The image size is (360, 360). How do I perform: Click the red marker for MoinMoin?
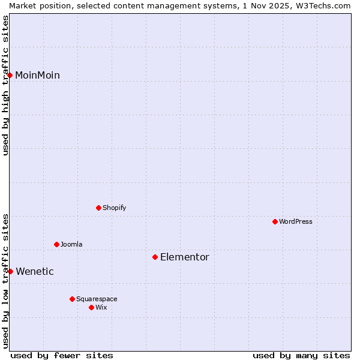10,75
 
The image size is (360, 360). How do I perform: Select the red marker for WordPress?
275,221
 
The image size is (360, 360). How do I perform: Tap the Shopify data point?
98,208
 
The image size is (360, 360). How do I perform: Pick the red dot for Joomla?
56,244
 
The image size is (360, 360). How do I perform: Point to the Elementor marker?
155,257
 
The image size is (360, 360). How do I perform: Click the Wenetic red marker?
10,271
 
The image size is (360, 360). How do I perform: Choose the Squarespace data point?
72,299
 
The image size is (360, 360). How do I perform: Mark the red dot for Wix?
91,307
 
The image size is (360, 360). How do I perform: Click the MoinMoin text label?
37,75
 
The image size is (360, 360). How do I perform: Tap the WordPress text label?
296,221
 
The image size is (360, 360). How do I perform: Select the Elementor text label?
185,257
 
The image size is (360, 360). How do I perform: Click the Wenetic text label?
35,271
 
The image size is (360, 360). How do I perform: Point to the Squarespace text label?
97,299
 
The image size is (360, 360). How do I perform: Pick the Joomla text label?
71,244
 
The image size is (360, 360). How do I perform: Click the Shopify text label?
114,208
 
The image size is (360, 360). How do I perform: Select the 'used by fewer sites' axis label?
62,355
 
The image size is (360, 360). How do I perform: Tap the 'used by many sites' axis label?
301,355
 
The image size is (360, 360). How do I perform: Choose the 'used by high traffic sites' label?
5,85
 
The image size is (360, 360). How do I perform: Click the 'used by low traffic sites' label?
5,281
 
